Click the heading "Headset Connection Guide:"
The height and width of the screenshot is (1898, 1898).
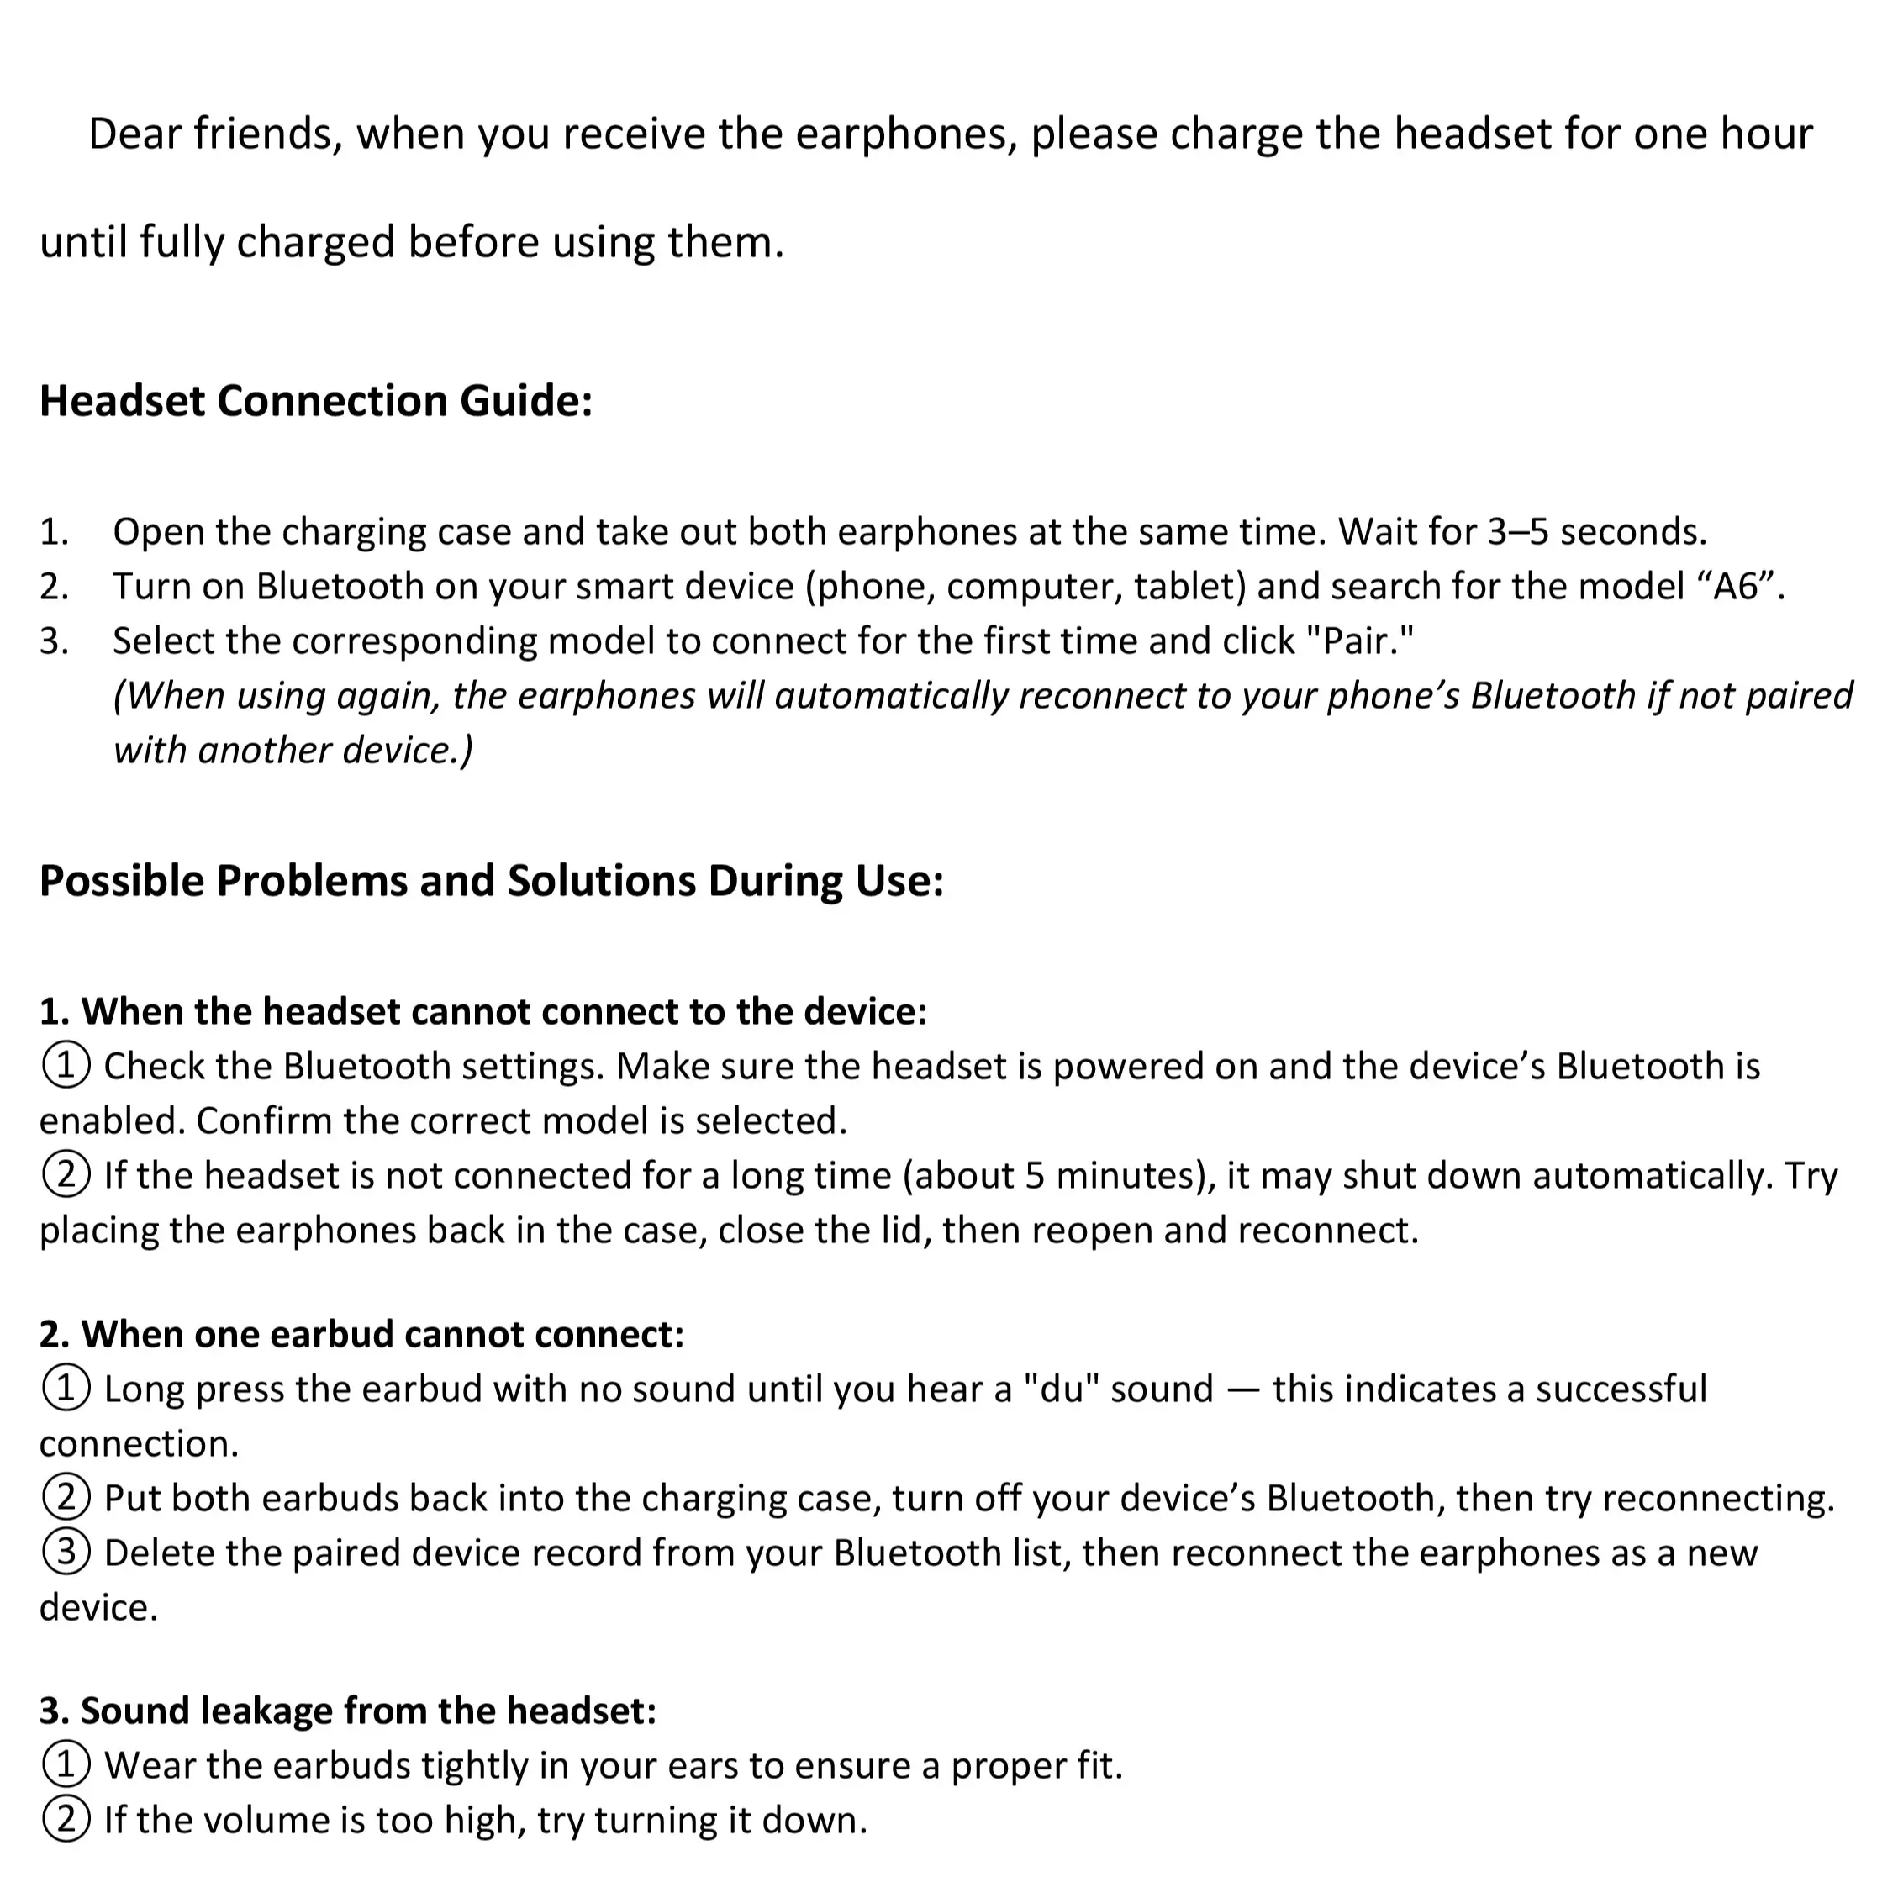tap(315, 401)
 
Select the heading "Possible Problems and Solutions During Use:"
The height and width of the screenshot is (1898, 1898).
tap(491, 880)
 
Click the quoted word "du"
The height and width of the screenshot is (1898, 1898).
tap(1061, 1389)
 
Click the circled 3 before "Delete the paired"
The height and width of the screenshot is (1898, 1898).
tap(66, 1553)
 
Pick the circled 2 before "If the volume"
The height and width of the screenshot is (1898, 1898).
tap(66, 1821)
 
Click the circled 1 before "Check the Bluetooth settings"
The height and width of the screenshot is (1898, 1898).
tap(66, 1066)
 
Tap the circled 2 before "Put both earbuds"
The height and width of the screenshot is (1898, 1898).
tap(66, 1498)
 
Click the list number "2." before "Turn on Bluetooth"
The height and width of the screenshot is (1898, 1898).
tap(54, 587)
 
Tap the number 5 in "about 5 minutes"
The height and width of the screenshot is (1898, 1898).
tap(1035, 1176)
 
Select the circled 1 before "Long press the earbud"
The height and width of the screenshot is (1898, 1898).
tap(66, 1389)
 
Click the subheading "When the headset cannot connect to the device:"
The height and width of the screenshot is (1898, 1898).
tap(482, 1011)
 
